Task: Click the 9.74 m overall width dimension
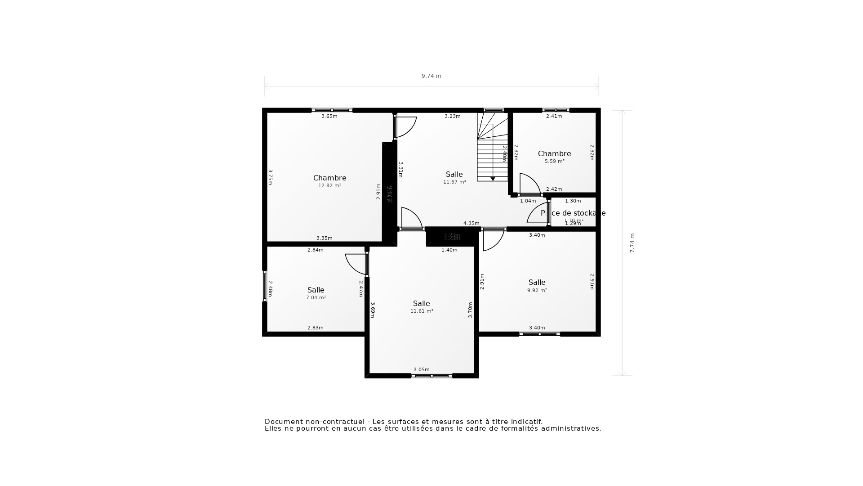click(x=431, y=76)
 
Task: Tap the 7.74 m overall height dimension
click(x=632, y=243)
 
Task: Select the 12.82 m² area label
click(x=329, y=185)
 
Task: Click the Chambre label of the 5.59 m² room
click(x=554, y=154)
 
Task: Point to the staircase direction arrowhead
click(x=493, y=179)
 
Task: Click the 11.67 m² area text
click(x=454, y=182)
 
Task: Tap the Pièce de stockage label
click(x=573, y=213)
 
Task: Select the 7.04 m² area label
click(x=316, y=298)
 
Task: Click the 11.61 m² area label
click(x=422, y=311)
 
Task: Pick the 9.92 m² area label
click(x=537, y=291)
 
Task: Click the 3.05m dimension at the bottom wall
click(x=422, y=370)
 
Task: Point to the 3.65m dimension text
click(x=329, y=117)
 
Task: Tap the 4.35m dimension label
click(x=471, y=224)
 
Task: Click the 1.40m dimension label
click(x=449, y=250)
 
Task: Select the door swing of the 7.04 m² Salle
click(x=356, y=265)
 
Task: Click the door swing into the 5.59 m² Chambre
click(x=529, y=184)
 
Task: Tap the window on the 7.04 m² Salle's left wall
click(x=265, y=286)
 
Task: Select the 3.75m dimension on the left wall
click(x=270, y=177)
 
